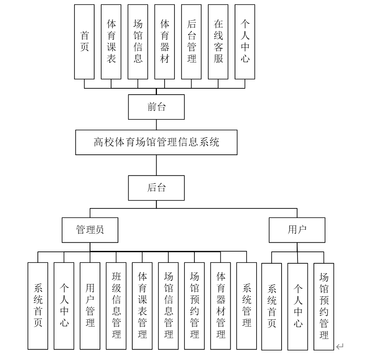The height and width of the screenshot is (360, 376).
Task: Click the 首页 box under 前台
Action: click(84, 41)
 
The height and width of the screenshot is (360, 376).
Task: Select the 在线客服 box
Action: click(218, 41)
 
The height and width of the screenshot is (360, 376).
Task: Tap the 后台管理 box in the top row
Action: click(191, 41)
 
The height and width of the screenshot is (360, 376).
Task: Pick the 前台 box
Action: click(156, 107)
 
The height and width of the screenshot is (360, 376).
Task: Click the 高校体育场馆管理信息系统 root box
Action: click(156, 142)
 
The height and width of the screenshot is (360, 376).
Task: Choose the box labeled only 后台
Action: click(156, 188)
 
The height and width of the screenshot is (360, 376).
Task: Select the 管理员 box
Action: click(90, 230)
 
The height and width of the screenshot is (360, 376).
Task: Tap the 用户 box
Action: click(297, 230)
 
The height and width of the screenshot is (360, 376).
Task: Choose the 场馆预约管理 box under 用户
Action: click(324, 306)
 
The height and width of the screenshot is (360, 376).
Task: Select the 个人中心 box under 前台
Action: click(245, 41)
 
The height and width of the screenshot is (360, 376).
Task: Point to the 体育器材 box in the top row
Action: click(165, 41)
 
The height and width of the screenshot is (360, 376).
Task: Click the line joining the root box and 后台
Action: click(156, 165)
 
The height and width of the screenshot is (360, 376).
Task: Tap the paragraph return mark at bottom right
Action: click(339, 347)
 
